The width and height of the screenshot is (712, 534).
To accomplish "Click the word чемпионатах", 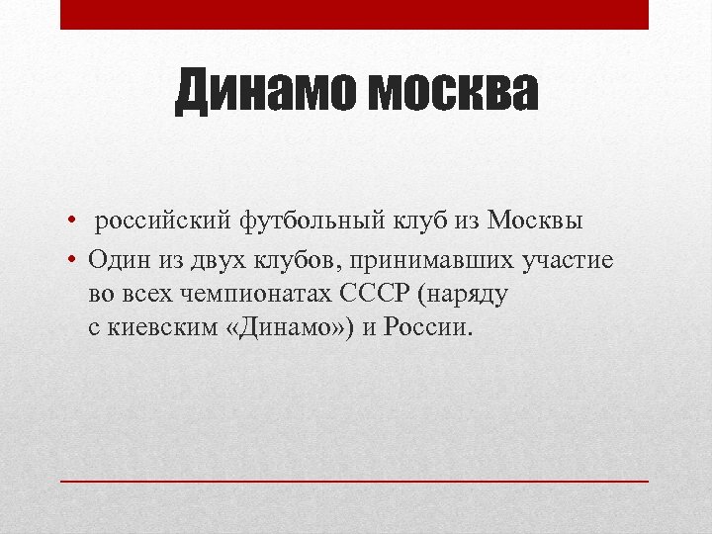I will [263, 293].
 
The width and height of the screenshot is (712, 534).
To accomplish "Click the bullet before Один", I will [73, 259].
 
